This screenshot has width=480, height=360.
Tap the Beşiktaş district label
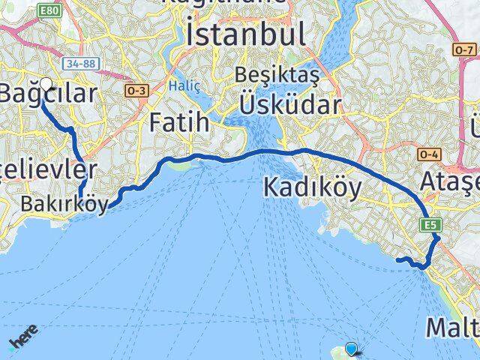pos(277,76)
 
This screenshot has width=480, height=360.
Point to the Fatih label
pos(179,121)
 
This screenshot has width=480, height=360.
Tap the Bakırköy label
pos(64,205)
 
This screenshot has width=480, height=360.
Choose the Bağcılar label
pos(49,94)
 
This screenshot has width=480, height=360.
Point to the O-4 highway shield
pos(429,155)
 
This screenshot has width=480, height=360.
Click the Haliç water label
pos(184,85)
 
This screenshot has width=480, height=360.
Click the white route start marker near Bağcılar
pos(46,85)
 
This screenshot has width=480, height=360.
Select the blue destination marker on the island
pos(352,348)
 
